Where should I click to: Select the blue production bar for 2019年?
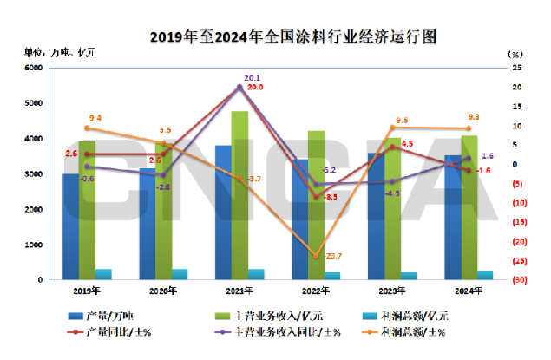coord(69,226)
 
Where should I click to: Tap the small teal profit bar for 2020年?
coord(180,274)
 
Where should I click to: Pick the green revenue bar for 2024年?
coord(469,207)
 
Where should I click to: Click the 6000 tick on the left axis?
coord(34,68)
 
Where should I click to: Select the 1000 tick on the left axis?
coord(34,245)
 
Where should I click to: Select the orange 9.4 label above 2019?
coord(95,117)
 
